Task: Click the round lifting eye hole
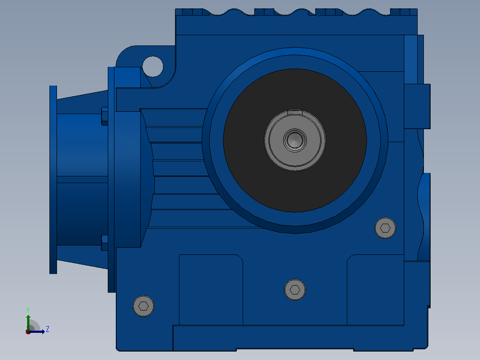pos(153,66)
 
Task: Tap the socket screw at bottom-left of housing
pos(143,306)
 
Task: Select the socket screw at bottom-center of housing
pos(295,290)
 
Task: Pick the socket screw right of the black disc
pos(385,228)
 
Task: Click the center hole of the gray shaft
pos(295,140)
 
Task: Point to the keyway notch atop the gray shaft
pos(295,112)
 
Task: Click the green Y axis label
pos(28,310)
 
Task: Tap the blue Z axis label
pos(48,329)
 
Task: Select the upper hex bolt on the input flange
pos(105,116)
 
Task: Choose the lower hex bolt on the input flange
pos(105,243)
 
